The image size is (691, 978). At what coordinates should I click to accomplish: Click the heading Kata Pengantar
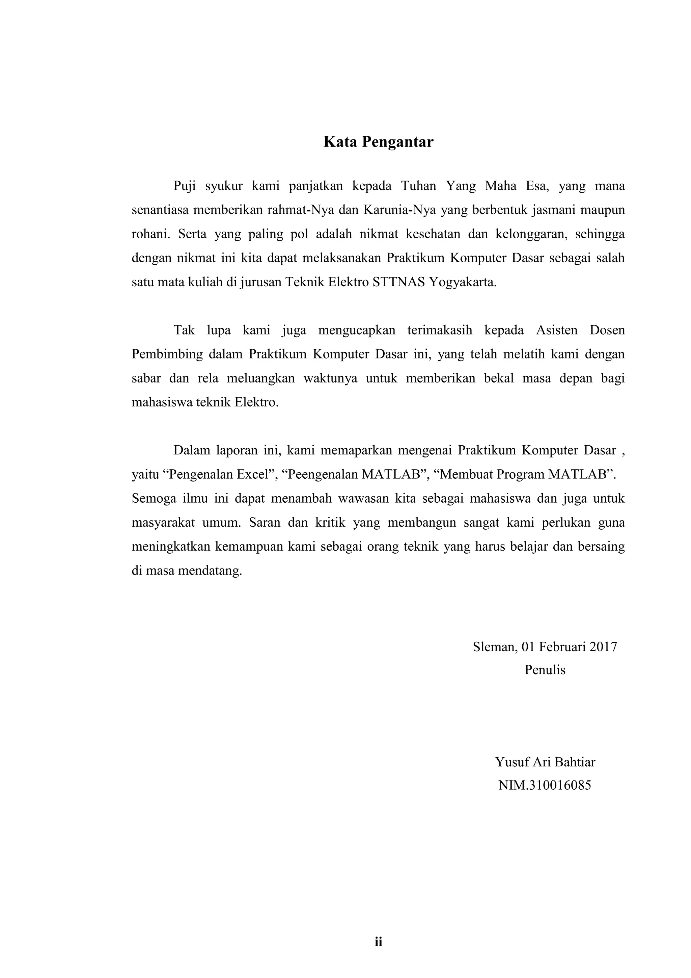pyautogui.click(x=378, y=142)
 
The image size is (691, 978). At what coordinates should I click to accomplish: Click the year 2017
pyautogui.click(x=603, y=647)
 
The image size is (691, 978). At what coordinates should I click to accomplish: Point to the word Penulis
pyautogui.click(x=545, y=670)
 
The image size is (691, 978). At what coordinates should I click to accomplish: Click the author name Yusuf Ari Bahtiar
pyautogui.click(x=545, y=762)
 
